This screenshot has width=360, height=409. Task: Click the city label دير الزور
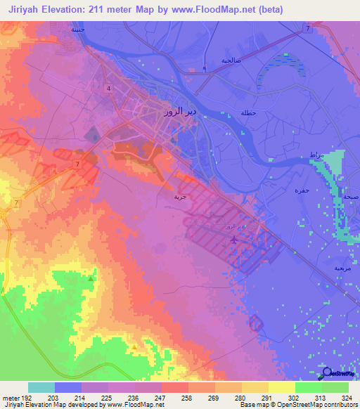[173, 112]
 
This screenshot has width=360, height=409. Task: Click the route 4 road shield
[109, 88]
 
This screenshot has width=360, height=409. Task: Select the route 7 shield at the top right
[307, 28]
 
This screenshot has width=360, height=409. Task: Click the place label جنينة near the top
[77, 31]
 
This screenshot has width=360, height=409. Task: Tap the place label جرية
[181, 197]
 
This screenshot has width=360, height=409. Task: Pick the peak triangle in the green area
[91, 279]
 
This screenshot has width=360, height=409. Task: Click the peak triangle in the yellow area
[134, 346]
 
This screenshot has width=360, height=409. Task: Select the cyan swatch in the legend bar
[41, 387]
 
